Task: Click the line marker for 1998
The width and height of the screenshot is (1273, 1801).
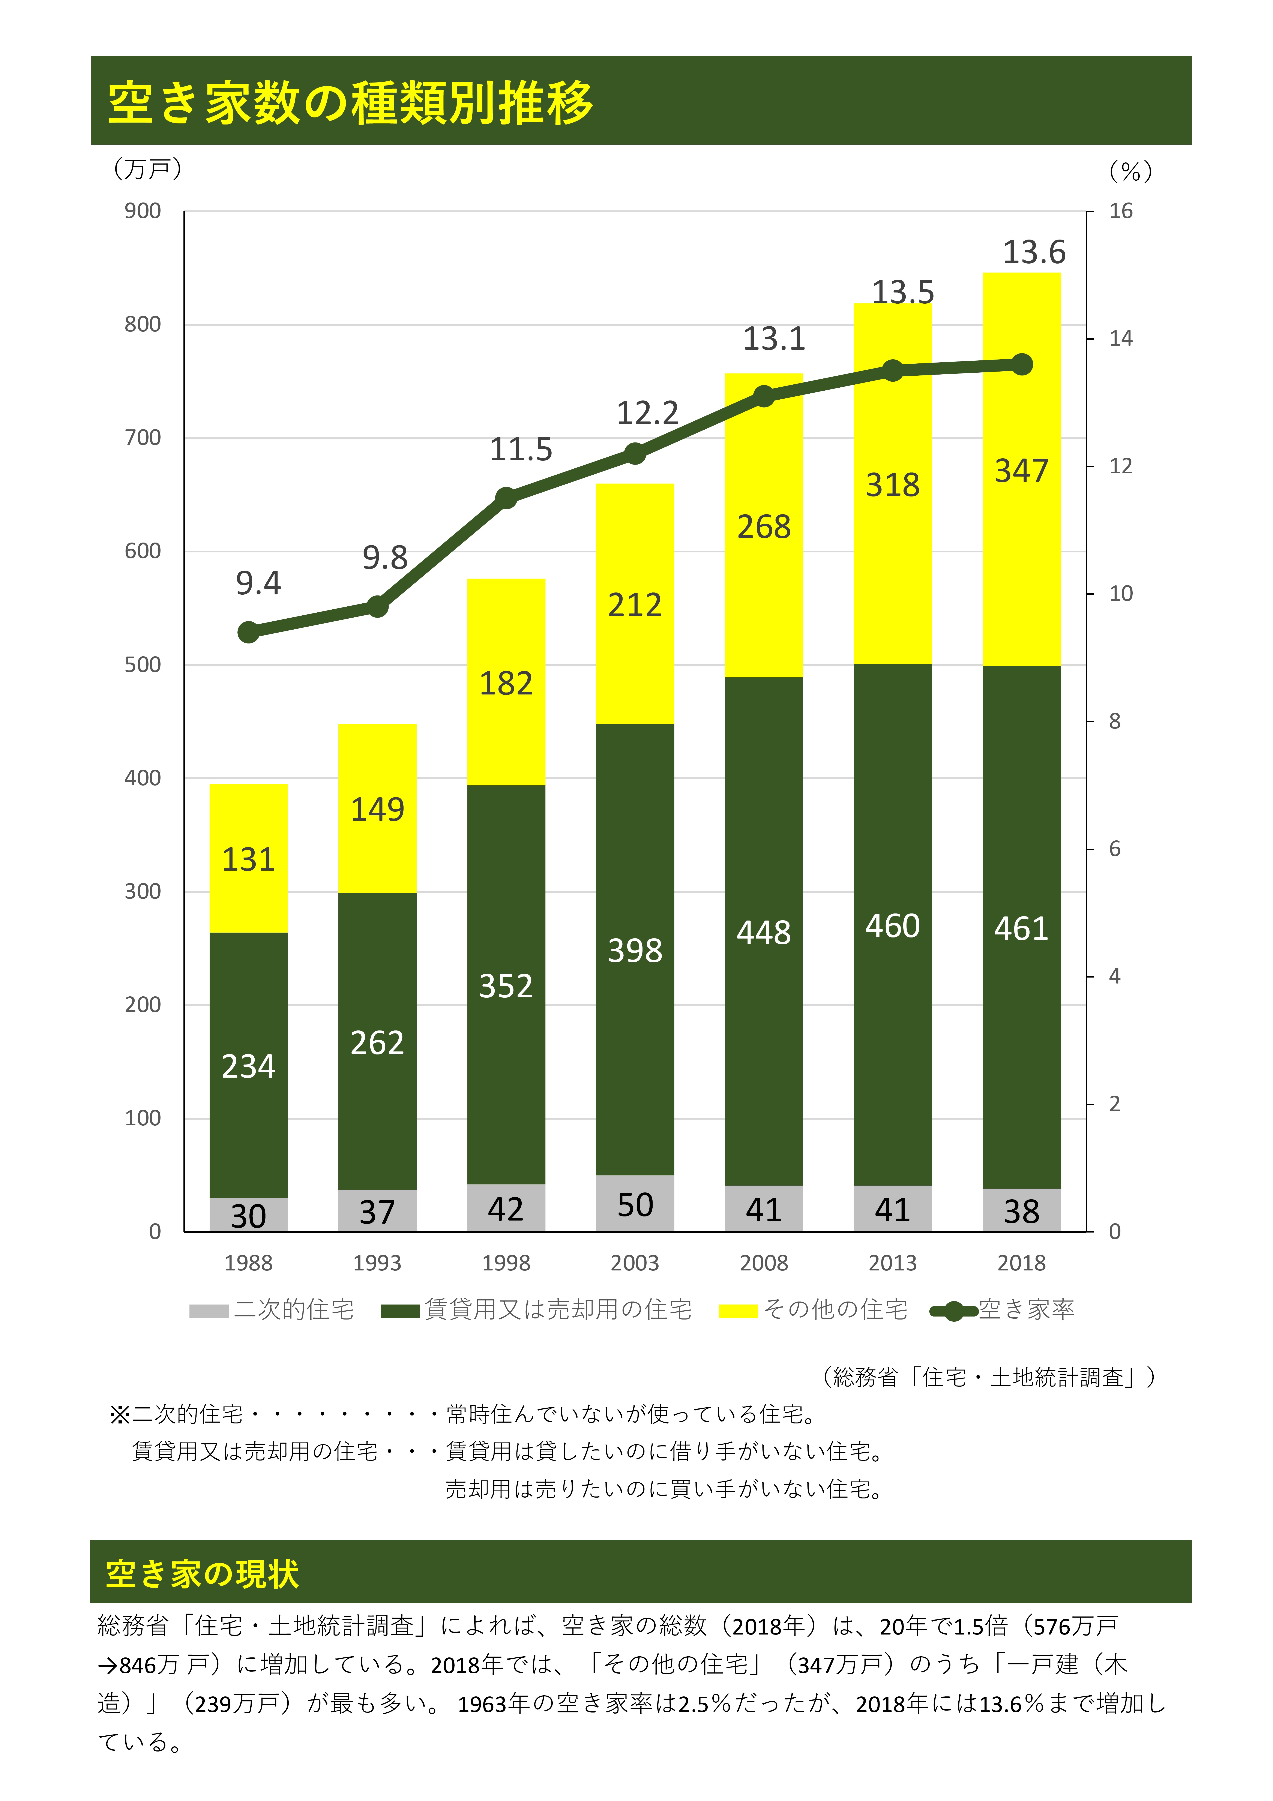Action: [x=506, y=498]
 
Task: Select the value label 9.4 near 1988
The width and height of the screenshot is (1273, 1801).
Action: [x=258, y=583]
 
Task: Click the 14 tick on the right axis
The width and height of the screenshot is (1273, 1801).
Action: [x=1120, y=339]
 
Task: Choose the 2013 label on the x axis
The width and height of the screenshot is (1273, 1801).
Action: [x=892, y=1263]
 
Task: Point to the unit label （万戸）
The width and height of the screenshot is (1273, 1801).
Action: [x=147, y=169]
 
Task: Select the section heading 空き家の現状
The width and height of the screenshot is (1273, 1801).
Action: [x=202, y=1573]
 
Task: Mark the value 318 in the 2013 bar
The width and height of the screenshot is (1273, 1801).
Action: [x=892, y=485]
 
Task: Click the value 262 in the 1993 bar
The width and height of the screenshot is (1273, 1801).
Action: [x=377, y=1042]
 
